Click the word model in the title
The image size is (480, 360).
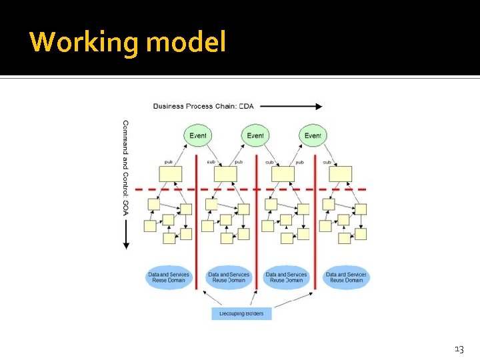pos(186,43)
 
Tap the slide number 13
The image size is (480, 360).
pos(459,349)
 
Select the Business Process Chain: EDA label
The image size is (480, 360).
pos(203,106)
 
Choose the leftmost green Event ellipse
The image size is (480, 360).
pos(198,136)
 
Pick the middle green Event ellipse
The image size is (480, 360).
pos(255,136)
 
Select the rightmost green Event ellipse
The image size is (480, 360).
pos(313,136)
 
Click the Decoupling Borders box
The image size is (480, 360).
pos(241,313)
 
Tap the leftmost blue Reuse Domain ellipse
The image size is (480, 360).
pos(169,277)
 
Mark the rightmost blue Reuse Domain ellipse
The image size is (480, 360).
pos(346,277)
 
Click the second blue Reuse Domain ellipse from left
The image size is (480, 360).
pos(229,277)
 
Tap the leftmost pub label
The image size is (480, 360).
pos(171,162)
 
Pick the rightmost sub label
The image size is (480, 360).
pos(327,162)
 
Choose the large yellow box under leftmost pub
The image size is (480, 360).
pos(171,174)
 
